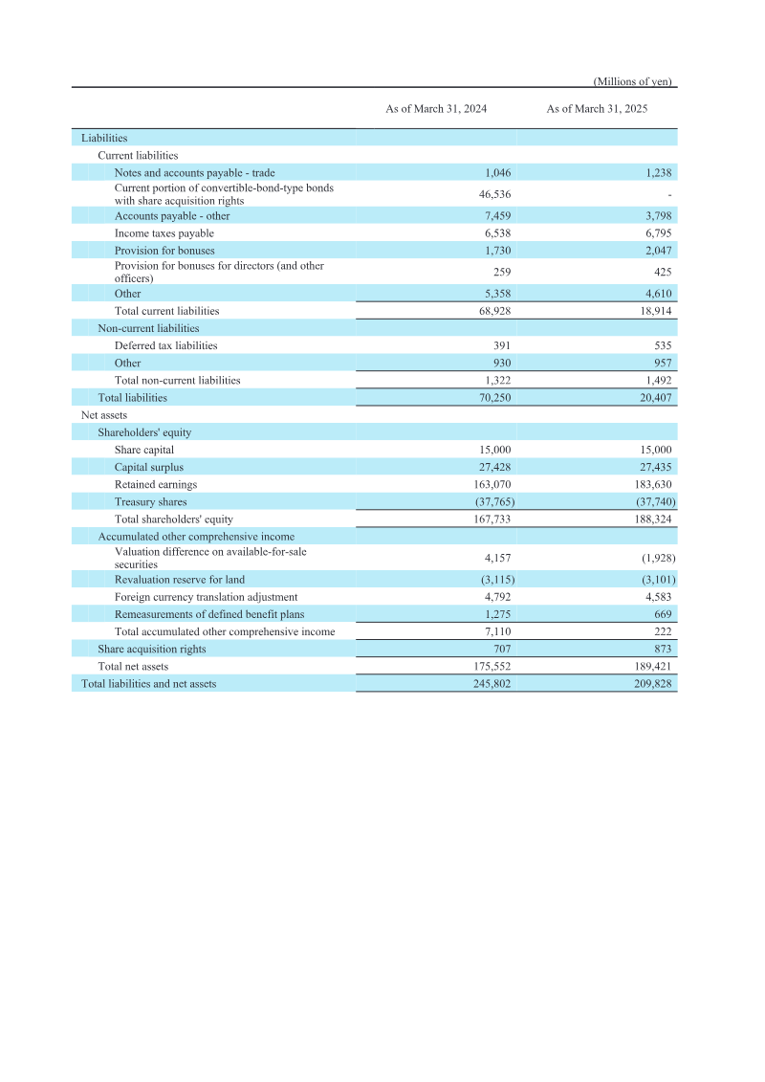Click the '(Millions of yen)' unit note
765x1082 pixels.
(634, 81)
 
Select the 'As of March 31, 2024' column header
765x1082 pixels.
(436, 109)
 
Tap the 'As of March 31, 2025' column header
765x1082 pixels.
(597, 109)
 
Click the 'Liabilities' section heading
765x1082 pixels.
(104, 138)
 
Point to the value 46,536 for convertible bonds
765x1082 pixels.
(494, 194)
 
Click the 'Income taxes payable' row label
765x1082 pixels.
(164, 232)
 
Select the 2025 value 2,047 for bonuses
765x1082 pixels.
(658, 250)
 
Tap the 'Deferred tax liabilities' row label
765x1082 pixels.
(165, 345)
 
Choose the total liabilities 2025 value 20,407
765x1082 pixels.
(655, 397)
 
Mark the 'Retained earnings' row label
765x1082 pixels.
(156, 484)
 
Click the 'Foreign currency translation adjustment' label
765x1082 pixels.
(206, 597)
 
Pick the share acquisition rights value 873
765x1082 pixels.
(663, 649)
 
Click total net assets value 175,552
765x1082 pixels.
(492, 666)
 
